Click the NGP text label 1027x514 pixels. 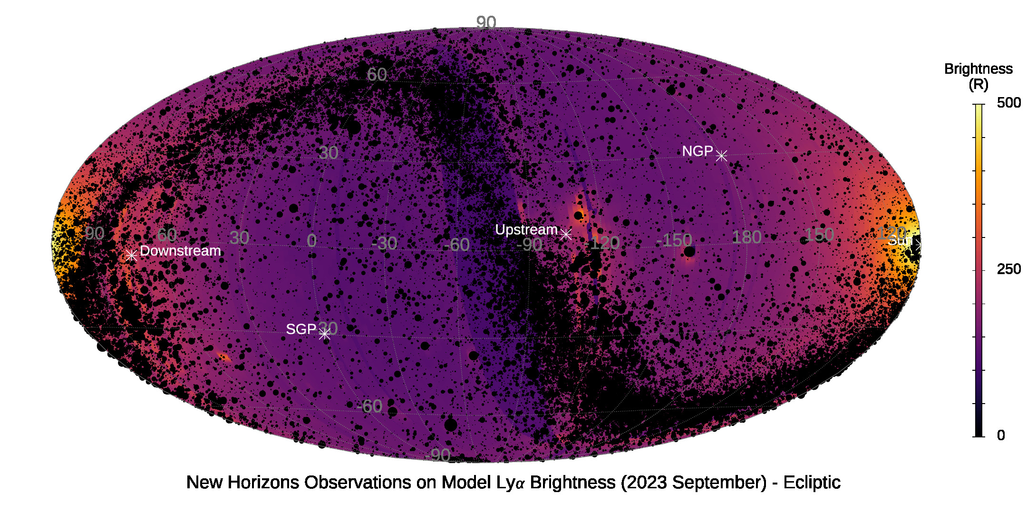pyautogui.click(x=697, y=151)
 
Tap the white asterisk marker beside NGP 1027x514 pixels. pyautogui.click(x=721, y=156)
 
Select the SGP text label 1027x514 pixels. pyautogui.click(x=301, y=329)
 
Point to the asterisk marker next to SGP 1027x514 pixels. pyautogui.click(x=324, y=334)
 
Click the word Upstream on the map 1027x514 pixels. pyautogui.click(x=526, y=230)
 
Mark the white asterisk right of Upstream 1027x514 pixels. pyautogui.click(x=565, y=234)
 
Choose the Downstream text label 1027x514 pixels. pyautogui.click(x=180, y=251)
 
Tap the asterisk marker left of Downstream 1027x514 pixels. pyautogui.click(x=132, y=256)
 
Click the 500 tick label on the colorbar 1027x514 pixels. pyautogui.click(x=1008, y=103)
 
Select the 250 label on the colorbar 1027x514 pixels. pyautogui.click(x=1008, y=269)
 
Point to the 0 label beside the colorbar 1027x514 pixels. pyautogui.click(x=1001, y=435)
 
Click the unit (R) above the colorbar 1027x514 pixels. pyautogui.click(x=978, y=85)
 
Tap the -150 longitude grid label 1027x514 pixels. pyautogui.click(x=674, y=240)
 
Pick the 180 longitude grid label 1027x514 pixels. pyautogui.click(x=746, y=237)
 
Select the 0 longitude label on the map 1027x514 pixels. pyautogui.click(x=311, y=241)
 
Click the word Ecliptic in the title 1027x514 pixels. pyautogui.click(x=812, y=483)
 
